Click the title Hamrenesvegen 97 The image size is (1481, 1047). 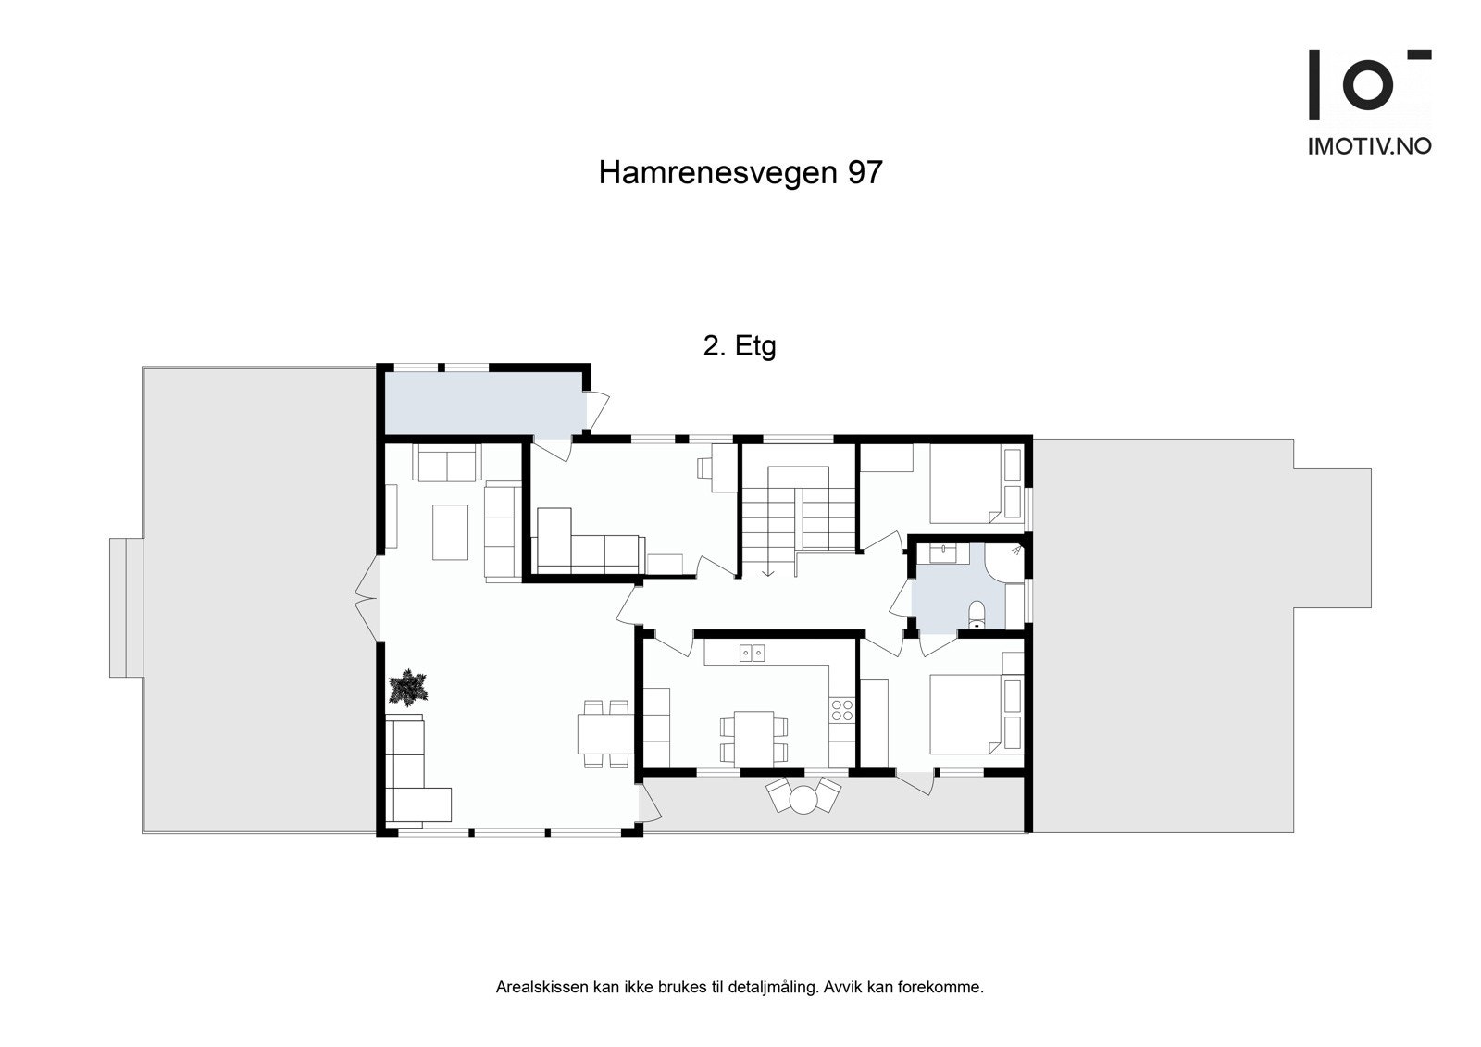[x=740, y=173]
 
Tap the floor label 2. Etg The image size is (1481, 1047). [x=740, y=346]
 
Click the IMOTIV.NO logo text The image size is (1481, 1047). [x=1369, y=146]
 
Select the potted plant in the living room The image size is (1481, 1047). [x=408, y=688]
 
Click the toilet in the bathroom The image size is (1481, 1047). [x=975, y=615]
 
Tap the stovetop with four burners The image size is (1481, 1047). [x=842, y=710]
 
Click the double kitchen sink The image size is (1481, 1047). [x=753, y=654]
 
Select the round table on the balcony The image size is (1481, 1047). [x=803, y=798]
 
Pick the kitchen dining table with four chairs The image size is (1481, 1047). [x=749, y=738]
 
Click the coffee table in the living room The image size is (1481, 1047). [x=451, y=531]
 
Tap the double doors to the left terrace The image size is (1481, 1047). [x=367, y=598]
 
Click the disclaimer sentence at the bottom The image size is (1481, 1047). [x=740, y=988]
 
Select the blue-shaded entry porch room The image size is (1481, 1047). [x=481, y=404]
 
